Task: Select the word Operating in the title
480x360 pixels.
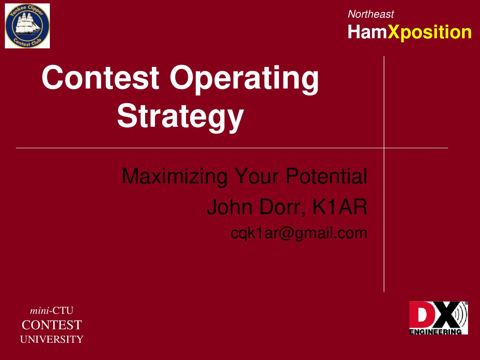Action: (x=244, y=80)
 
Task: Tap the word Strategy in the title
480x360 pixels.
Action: (x=180, y=118)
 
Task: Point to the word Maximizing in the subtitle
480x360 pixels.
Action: (x=174, y=177)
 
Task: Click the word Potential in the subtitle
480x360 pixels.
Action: (x=327, y=176)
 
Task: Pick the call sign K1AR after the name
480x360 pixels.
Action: (x=340, y=207)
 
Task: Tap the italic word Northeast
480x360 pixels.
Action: (x=370, y=14)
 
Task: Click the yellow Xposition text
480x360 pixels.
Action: (x=429, y=33)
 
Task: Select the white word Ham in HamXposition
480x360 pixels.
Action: (x=367, y=32)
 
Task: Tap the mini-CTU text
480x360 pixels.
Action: (x=52, y=310)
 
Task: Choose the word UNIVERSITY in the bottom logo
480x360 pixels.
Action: (x=52, y=339)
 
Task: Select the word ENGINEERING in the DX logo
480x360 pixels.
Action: (x=435, y=332)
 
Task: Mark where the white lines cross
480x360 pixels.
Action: (x=384, y=148)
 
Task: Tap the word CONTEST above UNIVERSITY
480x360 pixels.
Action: (x=52, y=325)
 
